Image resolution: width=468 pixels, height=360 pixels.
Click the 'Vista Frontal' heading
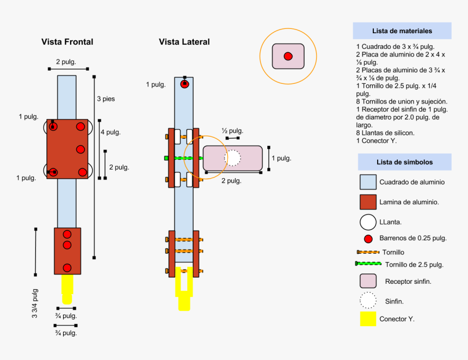coord(67,42)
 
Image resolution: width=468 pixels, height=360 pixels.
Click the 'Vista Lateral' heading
coord(184,42)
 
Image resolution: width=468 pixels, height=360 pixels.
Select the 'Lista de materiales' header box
coord(402,31)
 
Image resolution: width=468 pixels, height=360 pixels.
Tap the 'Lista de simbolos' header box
coord(404,162)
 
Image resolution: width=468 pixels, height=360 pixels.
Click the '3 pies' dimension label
coord(106,99)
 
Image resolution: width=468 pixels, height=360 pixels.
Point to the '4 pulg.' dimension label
coord(110,132)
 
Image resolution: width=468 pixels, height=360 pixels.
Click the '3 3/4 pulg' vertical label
coord(35,303)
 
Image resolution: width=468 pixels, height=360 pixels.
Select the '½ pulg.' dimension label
coord(232,131)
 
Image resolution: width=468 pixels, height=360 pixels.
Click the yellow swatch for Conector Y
coord(368,319)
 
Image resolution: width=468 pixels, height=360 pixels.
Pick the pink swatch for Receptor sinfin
coord(368,281)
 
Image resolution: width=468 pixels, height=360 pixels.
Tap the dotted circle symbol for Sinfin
coord(368,300)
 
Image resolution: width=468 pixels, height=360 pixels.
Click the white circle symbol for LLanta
coord(368,222)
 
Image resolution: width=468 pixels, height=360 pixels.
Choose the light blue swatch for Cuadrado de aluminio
coord(368,182)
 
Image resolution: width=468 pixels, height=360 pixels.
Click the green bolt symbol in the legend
coord(367,264)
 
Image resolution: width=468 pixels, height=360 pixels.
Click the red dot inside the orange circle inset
coord(288,56)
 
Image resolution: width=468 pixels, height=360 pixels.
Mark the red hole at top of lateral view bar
coord(184,84)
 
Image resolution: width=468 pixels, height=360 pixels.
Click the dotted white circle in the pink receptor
coord(232,158)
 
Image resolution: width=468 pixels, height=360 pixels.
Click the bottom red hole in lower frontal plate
coord(67,267)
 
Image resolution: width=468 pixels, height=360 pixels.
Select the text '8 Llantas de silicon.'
coord(385,133)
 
